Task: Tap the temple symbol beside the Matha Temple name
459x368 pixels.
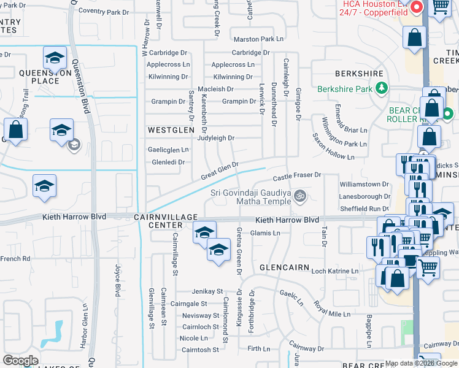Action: (x=300, y=197)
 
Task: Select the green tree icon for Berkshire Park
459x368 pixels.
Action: (x=381, y=88)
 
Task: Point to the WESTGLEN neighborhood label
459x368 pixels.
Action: (x=171, y=130)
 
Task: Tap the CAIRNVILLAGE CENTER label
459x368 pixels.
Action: (x=174, y=221)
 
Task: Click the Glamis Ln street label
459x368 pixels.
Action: (x=265, y=233)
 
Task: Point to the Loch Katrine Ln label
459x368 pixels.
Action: (x=334, y=270)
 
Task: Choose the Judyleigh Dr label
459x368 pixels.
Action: (x=215, y=138)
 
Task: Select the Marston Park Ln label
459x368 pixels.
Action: (x=258, y=39)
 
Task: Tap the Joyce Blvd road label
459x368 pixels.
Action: (x=117, y=280)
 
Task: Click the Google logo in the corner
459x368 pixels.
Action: (x=21, y=361)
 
